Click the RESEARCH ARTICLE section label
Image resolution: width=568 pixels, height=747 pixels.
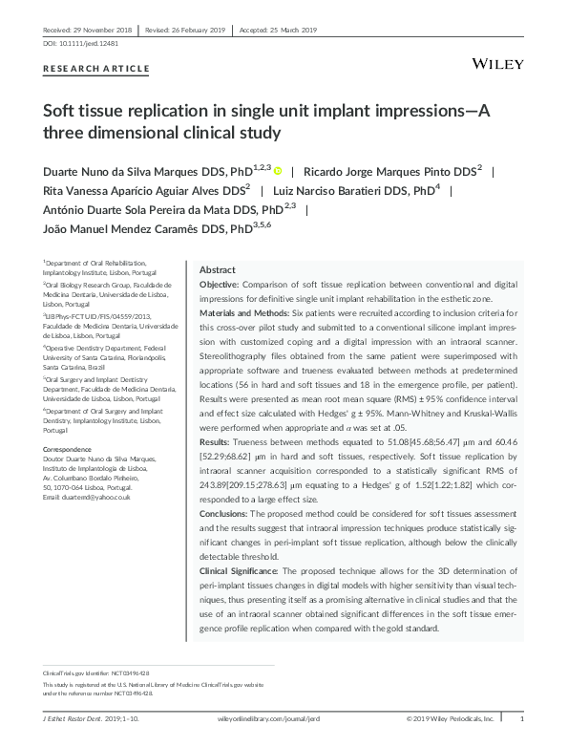[96, 69]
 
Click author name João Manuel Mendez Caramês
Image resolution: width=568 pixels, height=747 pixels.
[120, 229]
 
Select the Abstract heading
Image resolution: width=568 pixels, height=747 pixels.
[217, 270]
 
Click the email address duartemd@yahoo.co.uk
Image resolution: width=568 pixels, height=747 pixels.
[95, 498]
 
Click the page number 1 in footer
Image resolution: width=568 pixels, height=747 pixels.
[521, 718]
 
